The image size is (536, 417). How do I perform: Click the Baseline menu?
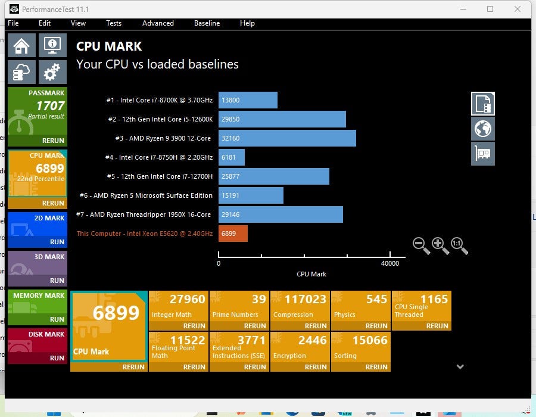[x=207, y=23]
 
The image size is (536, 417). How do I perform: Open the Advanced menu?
[x=158, y=23]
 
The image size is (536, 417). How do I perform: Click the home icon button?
[x=21, y=46]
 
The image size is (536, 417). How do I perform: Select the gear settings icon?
[x=52, y=72]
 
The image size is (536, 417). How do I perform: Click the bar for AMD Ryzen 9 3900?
[x=287, y=138]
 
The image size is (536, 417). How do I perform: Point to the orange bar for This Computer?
[x=233, y=234]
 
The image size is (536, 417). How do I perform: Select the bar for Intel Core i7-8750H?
[x=232, y=157]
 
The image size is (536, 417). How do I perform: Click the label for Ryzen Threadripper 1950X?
[x=144, y=214]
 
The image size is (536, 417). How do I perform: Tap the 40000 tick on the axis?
[x=390, y=263]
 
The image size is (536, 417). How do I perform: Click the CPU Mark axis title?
[x=311, y=274]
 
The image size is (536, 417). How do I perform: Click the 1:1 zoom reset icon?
[x=459, y=245]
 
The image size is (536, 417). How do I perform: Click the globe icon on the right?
[x=483, y=128]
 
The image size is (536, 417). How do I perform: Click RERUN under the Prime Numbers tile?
[x=255, y=326]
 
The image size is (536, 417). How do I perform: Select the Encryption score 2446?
[x=313, y=340]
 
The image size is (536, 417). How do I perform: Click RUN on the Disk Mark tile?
[x=57, y=358]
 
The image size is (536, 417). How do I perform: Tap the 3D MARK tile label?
[x=49, y=257]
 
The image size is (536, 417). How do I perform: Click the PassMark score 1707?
[x=50, y=106]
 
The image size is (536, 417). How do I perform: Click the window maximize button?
[x=490, y=9]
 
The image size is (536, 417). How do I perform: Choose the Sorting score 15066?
[x=370, y=340]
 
